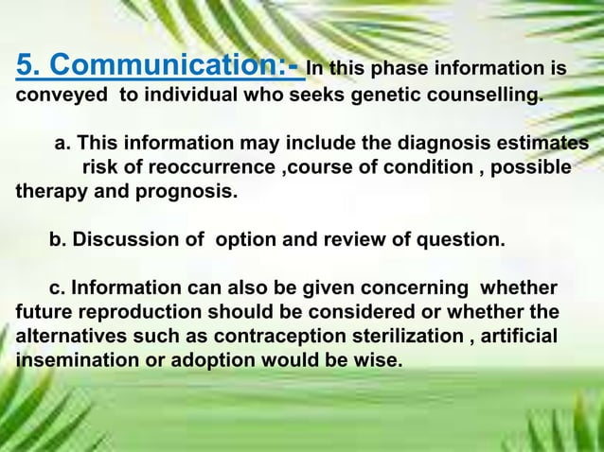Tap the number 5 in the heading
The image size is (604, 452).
pyautogui.click(x=26, y=67)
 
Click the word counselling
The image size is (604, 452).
pyautogui.click(x=474, y=96)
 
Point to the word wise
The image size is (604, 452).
pyautogui.click(x=378, y=361)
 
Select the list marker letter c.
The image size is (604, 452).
pyautogui.click(x=55, y=288)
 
